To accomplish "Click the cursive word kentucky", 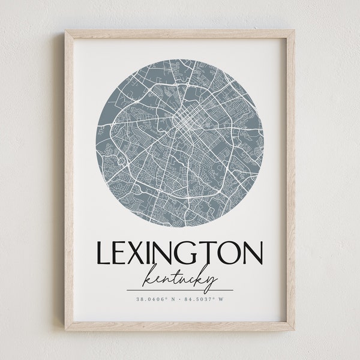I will pyautogui.click(x=179, y=277).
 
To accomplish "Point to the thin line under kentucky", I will pyautogui.click(x=180, y=290).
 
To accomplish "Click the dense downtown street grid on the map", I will pyautogui.click(x=186, y=123).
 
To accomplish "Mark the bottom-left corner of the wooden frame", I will pyautogui.click(x=67, y=328).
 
